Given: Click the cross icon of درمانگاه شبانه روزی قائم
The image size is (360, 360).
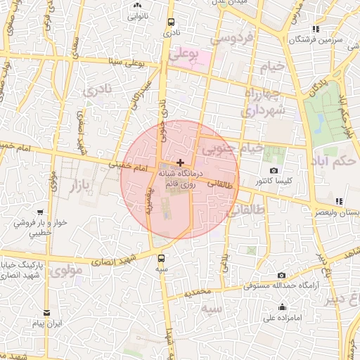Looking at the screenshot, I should (181, 162).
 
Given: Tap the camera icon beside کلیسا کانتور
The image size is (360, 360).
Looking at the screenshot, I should (274, 170).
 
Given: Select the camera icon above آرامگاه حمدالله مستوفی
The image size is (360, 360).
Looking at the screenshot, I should (281, 275).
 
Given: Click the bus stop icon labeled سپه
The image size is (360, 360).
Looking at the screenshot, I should (162, 258).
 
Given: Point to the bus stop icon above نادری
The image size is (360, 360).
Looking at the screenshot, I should (169, 22).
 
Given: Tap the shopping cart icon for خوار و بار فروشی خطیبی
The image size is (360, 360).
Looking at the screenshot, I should (41, 212).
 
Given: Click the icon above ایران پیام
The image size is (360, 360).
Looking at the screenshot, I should (47, 313).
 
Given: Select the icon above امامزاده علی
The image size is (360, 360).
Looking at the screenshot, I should (282, 307).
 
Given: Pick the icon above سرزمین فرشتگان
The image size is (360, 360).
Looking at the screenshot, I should (316, 30).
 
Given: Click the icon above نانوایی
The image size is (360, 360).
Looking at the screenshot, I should (137, 4).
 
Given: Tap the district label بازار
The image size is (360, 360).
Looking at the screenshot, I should (82, 185).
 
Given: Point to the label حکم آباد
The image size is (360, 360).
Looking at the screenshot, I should (336, 162).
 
